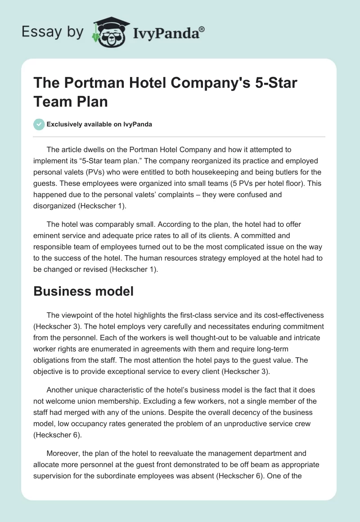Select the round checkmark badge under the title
point(39,124)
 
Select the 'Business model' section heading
point(84,291)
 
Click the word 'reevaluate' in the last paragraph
point(170,456)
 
